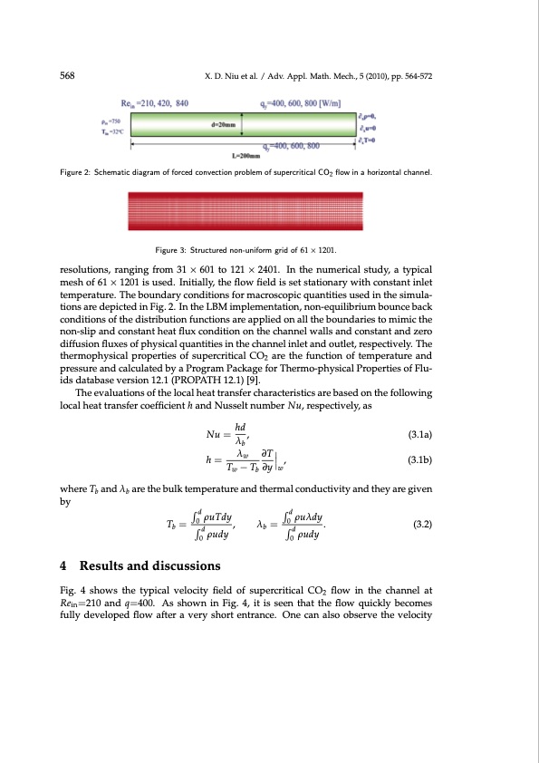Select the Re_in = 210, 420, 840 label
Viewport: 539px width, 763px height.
[155, 103]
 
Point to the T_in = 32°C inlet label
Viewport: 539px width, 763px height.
[110, 129]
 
